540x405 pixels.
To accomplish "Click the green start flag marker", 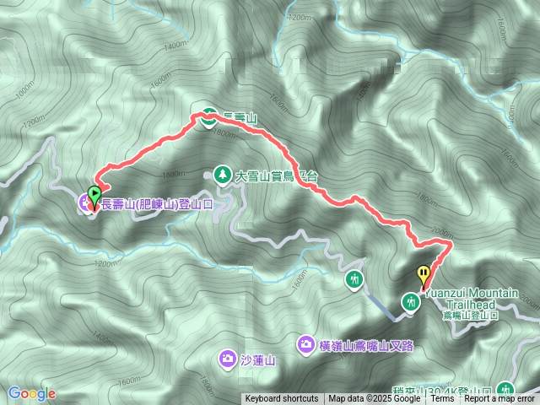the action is pos(94,192).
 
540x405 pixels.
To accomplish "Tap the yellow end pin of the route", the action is pos(423,273).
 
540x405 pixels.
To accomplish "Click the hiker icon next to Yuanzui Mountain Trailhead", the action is pos(412,301).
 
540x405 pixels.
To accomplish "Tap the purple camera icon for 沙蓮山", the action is pos(227,359).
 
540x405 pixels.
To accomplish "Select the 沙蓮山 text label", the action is pos(258,360).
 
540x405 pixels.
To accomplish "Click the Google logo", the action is pos(31,393).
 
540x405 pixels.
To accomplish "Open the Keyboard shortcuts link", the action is pos(282,399).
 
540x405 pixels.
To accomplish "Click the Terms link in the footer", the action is pos(443,399).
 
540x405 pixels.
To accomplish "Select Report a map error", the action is pos(499,399).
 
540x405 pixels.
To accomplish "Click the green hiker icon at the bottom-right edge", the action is pos(506,389).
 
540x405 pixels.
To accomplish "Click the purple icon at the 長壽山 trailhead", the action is pos(85,202).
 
